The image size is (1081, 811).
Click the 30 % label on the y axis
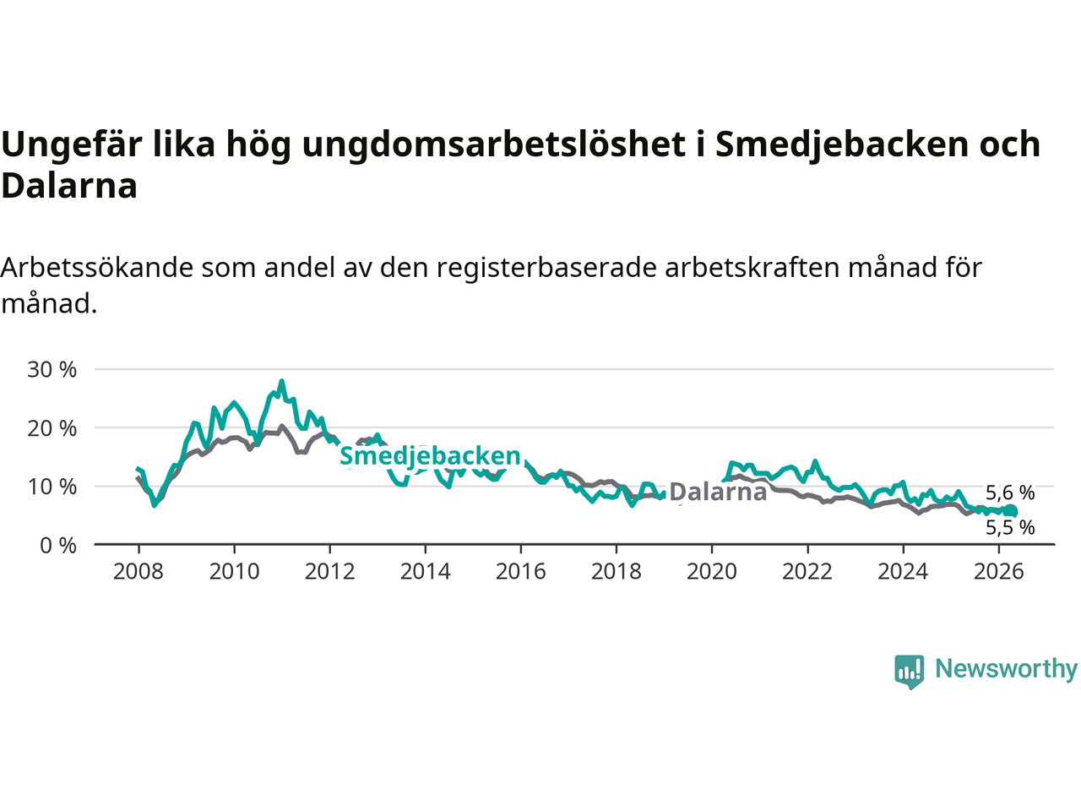click(52, 369)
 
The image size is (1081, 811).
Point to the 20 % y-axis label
click(52, 428)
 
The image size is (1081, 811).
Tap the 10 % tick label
click(52, 487)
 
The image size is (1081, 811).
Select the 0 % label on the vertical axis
click(58, 546)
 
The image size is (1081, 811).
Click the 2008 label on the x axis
click(138, 572)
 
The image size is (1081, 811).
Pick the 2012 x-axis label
click(329, 572)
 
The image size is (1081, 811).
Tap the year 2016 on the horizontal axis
click(520, 572)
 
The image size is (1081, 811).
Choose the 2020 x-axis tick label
click(712, 572)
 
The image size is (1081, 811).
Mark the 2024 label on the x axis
click(903, 572)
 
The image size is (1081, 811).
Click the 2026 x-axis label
click(999, 572)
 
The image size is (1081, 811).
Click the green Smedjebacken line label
click(430, 456)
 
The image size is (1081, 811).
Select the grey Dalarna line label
click(718, 492)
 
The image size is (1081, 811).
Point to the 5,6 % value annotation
click(1010, 493)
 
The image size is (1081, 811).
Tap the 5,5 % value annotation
click(1010, 528)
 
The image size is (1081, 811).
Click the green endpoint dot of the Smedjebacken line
click(1010, 511)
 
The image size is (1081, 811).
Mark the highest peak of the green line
click(282, 381)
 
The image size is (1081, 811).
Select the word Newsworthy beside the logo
click(1006, 669)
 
